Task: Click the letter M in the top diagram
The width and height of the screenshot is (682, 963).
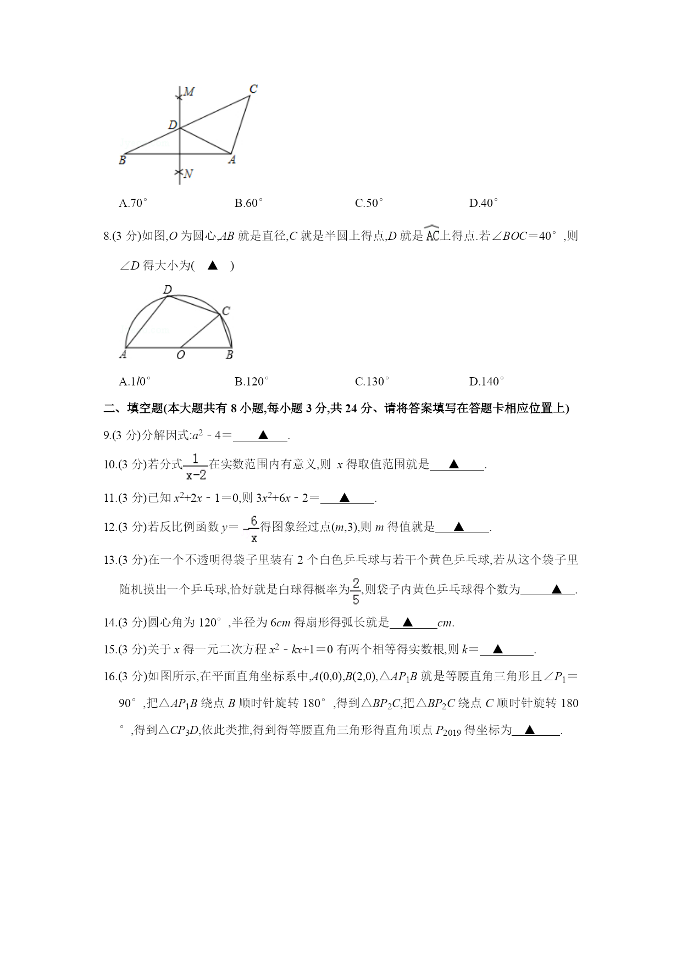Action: coord(189,92)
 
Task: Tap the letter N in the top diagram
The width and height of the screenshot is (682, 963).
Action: coord(188,173)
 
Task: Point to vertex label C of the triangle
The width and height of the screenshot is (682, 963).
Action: coord(253,89)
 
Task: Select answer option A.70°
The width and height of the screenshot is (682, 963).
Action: coord(133,203)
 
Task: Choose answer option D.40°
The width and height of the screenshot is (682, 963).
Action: coord(484,203)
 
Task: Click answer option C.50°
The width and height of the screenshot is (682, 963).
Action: coord(369,203)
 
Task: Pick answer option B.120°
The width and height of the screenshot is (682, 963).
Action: coord(252,381)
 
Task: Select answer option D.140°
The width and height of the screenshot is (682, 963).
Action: coord(486,381)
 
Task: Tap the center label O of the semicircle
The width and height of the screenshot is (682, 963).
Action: coord(181,355)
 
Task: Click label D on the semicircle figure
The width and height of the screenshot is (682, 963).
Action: coord(168,289)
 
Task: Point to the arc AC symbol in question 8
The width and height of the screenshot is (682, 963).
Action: coord(433,235)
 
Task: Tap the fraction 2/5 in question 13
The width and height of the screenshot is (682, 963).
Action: coord(356,591)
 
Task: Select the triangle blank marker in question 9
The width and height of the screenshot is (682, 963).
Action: coord(263,435)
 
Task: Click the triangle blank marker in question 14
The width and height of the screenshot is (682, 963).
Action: coord(407,623)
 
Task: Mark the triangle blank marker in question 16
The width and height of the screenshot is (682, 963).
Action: coord(529,730)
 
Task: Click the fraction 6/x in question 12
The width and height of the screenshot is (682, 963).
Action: coord(254,528)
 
